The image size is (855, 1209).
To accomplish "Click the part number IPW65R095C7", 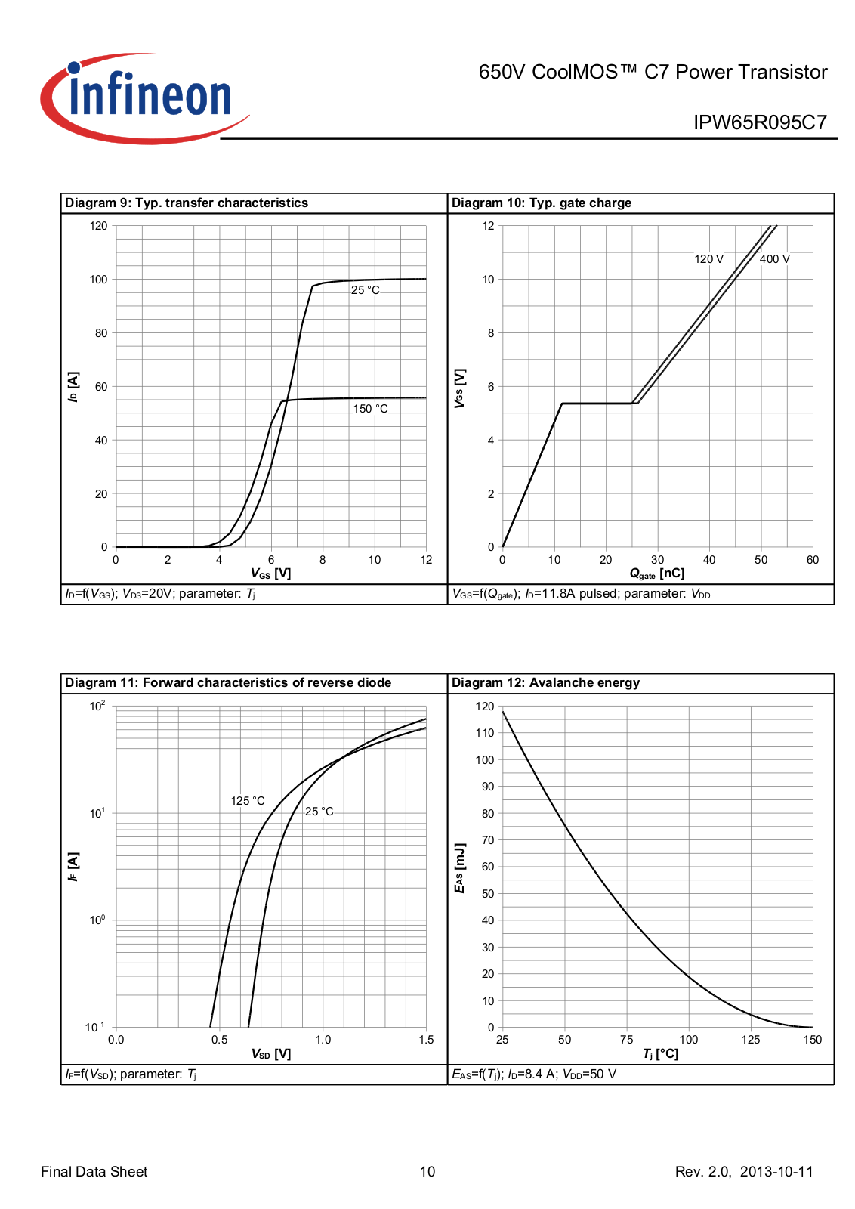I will tap(760, 122).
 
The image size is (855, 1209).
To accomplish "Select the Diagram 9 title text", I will tap(187, 203).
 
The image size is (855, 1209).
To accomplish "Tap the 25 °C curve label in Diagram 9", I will tap(366, 290).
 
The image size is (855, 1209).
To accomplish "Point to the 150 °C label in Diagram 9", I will tap(370, 409).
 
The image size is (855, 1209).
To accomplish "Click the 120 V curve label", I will tap(708, 259).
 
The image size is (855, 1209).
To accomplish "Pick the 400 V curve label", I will tap(774, 259).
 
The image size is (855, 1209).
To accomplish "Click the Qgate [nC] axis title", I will tap(656, 574).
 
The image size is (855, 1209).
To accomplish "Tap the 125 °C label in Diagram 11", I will tap(248, 801).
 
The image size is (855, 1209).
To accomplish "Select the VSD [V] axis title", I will tap(270, 1054).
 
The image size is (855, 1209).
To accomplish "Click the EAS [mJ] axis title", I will tap(460, 868).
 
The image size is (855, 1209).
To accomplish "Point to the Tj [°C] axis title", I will tap(660, 1054).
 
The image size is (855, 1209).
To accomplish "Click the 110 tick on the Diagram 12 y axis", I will tap(485, 733).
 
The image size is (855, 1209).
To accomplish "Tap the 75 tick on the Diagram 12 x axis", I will tap(627, 1040).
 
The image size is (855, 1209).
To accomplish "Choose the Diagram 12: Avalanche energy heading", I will tap(545, 683).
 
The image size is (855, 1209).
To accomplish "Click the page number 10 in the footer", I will tap(427, 1172).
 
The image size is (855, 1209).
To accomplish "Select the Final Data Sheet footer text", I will tap(94, 1172).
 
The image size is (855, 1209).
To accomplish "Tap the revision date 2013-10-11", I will tap(776, 1172).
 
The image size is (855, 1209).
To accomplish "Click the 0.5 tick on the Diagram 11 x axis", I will tap(220, 1040).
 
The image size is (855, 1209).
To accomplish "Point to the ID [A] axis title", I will tap(73, 387).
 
